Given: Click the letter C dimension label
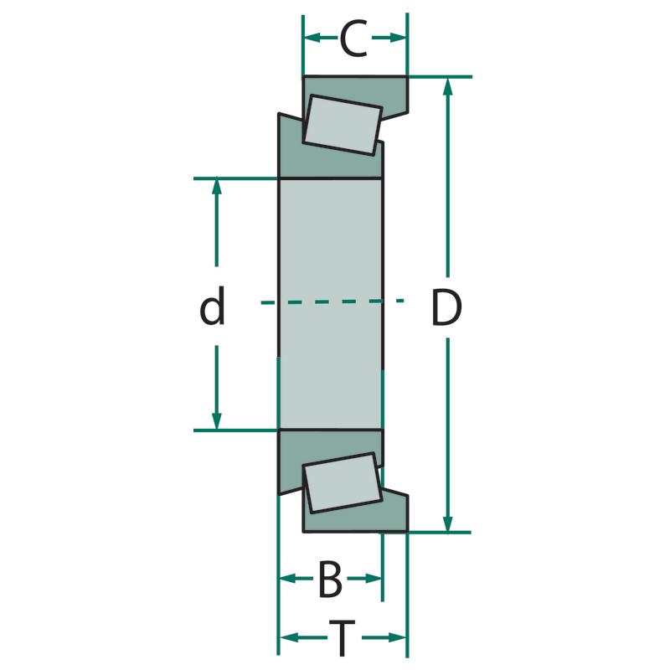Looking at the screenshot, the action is pyautogui.click(x=353, y=38).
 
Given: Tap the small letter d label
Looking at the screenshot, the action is pyautogui.click(x=212, y=306).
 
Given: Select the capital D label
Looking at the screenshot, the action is pyautogui.click(x=447, y=307).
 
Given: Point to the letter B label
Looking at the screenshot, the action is pyautogui.click(x=330, y=579).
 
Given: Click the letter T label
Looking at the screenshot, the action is pyautogui.click(x=342, y=638).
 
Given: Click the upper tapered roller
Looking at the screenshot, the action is pyautogui.click(x=342, y=124).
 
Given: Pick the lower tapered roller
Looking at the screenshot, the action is pyautogui.click(x=343, y=482).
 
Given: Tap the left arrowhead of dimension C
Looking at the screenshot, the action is pyautogui.click(x=312, y=38).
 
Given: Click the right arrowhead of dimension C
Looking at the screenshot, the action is pyautogui.click(x=398, y=38).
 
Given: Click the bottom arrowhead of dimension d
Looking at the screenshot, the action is pyautogui.click(x=217, y=420).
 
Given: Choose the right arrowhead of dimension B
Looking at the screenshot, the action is pyautogui.click(x=373, y=579).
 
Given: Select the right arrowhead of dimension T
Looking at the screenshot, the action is pyautogui.click(x=397, y=638).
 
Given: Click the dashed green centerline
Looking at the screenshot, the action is pyautogui.click(x=332, y=301).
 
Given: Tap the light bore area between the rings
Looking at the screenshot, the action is pyautogui.click(x=330, y=304).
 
